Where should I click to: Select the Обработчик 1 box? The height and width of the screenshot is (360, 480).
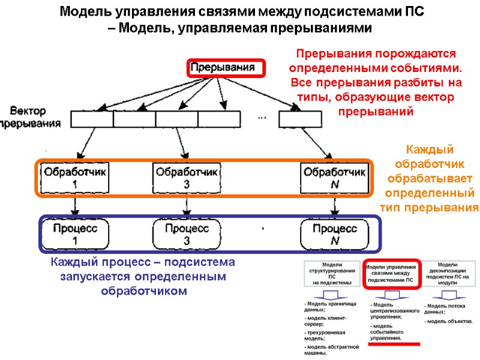74,178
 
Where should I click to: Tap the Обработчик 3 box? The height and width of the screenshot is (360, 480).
186,178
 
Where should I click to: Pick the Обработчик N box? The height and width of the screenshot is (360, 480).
333,178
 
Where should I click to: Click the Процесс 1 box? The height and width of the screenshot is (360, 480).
74,234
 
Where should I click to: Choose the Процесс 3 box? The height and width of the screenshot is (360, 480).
186,234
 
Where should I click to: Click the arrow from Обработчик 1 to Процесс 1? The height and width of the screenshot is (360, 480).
74,208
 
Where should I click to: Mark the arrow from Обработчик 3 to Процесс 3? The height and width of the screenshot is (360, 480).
184,208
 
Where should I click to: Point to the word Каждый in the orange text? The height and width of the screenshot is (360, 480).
430,149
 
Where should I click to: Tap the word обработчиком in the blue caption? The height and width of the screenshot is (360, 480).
143,291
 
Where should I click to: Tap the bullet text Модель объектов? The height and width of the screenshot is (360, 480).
450,322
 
